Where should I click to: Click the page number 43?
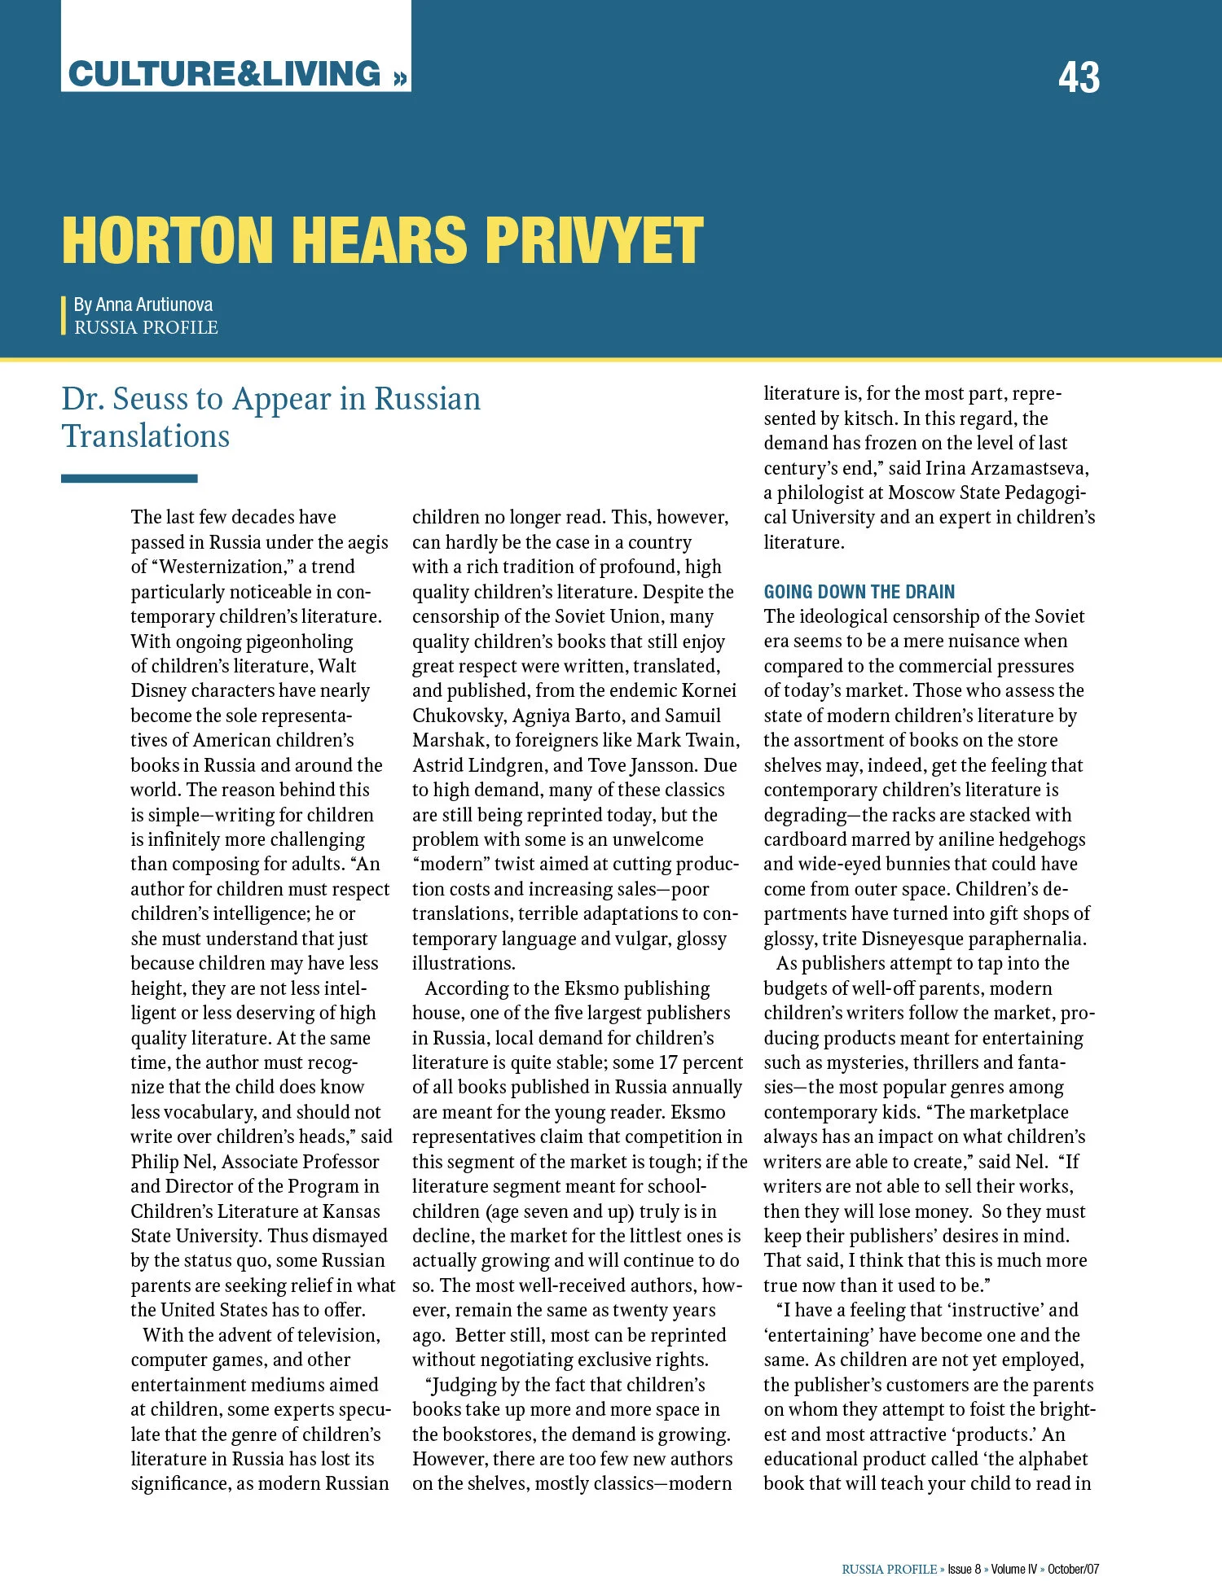1078,77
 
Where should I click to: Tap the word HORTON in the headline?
167,241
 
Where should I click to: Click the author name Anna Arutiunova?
154,304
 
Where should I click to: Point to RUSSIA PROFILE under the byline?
146,327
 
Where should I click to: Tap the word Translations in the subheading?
146,436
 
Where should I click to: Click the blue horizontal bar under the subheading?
129,479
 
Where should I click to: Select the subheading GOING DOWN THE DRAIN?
859,592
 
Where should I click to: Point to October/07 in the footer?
1073,1569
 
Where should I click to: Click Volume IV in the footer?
1014,1569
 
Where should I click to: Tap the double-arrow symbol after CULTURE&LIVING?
398,78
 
